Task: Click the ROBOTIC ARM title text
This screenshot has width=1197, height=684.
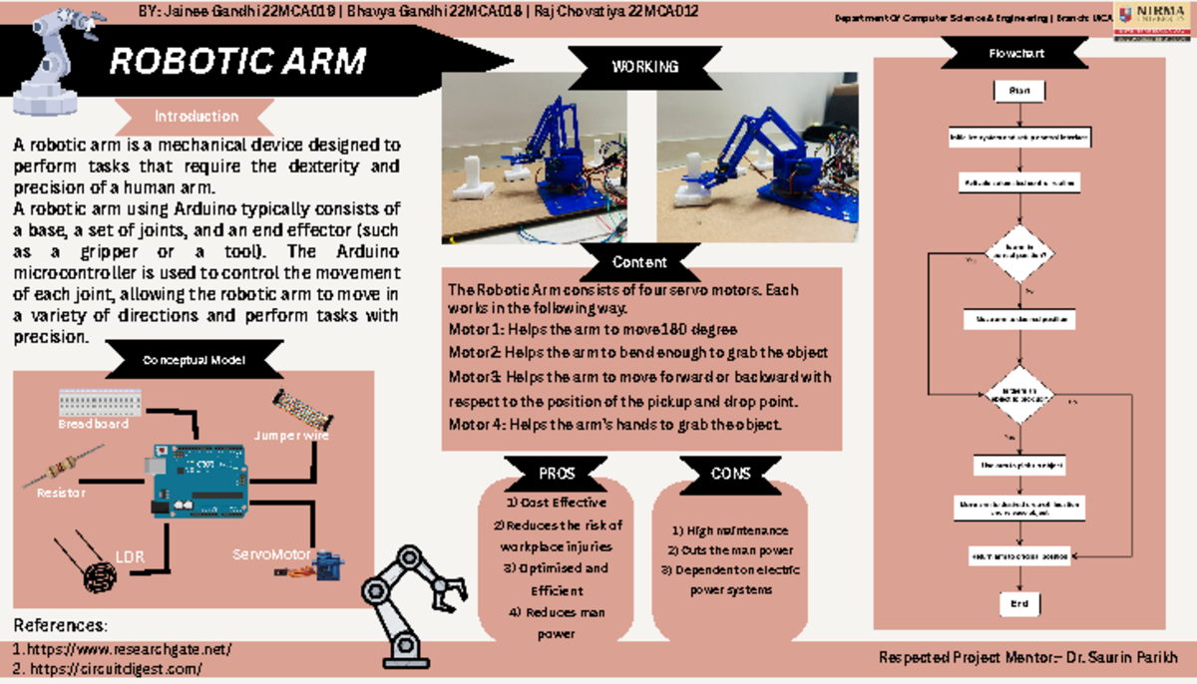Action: pyautogui.click(x=237, y=62)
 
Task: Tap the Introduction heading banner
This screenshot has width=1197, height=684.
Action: pyautogui.click(x=196, y=116)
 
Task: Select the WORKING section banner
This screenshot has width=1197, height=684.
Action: pyautogui.click(x=644, y=67)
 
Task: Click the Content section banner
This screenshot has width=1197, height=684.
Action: pyautogui.click(x=639, y=262)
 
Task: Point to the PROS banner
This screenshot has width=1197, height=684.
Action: pyautogui.click(x=557, y=474)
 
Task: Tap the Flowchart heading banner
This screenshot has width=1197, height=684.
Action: pyautogui.click(x=1016, y=53)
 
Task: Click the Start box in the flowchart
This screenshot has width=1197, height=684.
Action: pyautogui.click(x=1019, y=91)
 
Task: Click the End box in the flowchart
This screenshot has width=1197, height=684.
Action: pyautogui.click(x=1019, y=603)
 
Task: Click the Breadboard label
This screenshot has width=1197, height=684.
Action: pyautogui.click(x=93, y=424)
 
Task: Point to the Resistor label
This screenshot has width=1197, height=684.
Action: pyautogui.click(x=61, y=493)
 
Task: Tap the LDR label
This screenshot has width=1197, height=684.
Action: pyautogui.click(x=131, y=556)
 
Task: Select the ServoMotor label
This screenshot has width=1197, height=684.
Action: pyautogui.click(x=272, y=553)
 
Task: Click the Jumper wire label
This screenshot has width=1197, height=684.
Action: pyautogui.click(x=291, y=436)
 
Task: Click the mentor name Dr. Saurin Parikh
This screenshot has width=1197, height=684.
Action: pyautogui.click(x=1124, y=658)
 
